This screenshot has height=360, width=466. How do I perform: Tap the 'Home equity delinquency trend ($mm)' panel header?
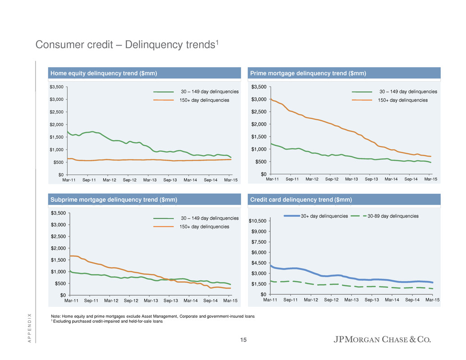click(103, 73)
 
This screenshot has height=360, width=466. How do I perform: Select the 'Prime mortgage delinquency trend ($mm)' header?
click(308, 73)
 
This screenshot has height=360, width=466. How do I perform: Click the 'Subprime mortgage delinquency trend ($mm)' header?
click(113, 199)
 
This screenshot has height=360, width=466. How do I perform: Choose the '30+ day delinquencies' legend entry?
click(324, 216)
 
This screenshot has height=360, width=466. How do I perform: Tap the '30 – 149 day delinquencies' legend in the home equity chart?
click(210, 92)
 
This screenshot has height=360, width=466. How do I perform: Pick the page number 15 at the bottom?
click(243, 340)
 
